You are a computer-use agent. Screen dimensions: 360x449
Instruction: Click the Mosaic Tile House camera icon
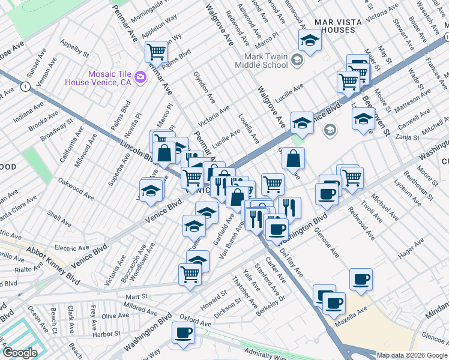pos(140,76)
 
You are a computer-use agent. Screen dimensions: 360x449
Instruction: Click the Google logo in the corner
pos(20,353)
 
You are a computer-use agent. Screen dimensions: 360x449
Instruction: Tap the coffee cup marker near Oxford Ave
pos(183,332)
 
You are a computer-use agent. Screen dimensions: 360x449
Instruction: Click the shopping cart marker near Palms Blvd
pos(156,51)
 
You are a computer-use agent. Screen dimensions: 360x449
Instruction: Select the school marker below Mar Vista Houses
pos(310,40)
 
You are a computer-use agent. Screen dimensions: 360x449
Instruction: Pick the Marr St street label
pos(136,296)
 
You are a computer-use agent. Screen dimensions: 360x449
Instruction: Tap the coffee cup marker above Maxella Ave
pos(361,278)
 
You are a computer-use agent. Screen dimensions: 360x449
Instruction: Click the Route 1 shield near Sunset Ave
pos(25,87)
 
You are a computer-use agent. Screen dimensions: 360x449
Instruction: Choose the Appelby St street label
pos(74,47)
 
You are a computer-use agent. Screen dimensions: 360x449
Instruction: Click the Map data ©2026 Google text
pos(412,355)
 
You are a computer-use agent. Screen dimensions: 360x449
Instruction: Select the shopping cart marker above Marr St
pos(190,274)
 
